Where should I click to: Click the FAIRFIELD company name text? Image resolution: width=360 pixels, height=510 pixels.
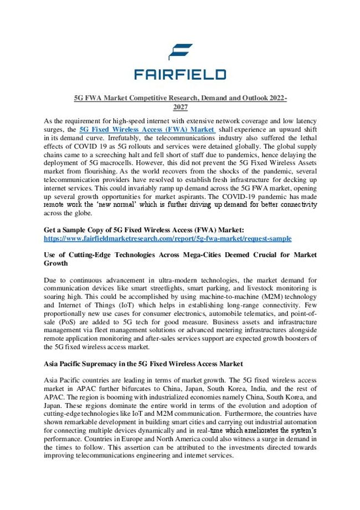tap(180, 74)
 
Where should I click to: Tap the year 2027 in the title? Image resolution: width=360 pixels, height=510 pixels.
tap(180, 106)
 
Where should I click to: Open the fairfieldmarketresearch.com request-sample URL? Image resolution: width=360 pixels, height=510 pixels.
tap(168, 237)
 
